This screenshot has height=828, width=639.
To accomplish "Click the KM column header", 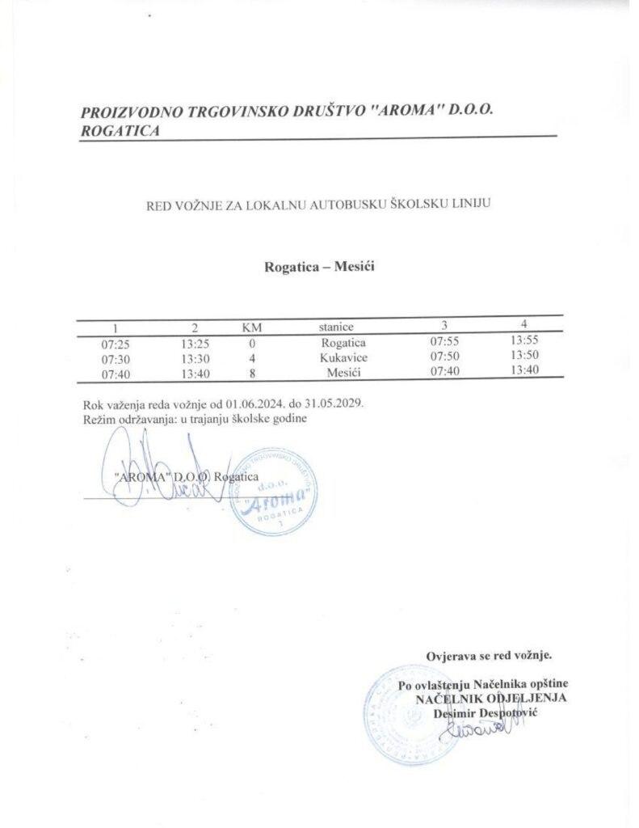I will point(253,327).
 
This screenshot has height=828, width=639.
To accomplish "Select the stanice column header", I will point(336,327).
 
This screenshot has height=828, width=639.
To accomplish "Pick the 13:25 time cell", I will point(195,343).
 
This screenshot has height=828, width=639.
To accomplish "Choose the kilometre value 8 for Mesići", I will point(253,372).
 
